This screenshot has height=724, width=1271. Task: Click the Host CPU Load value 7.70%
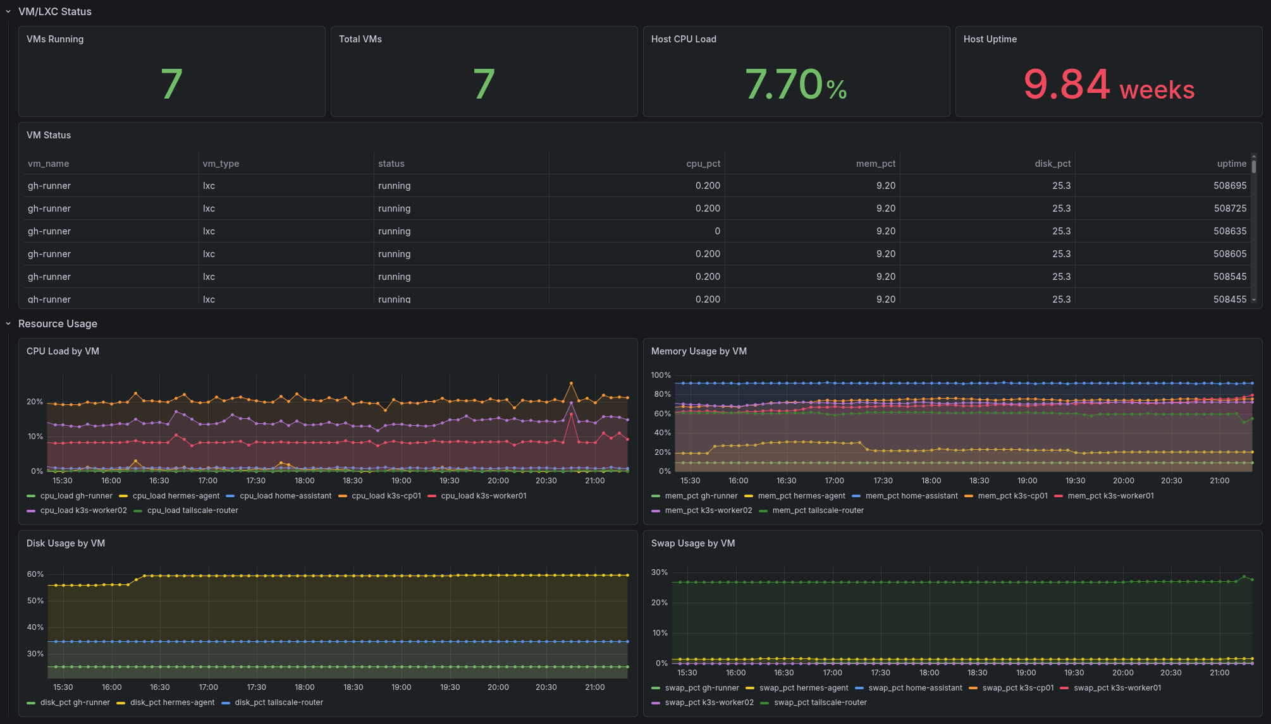795,85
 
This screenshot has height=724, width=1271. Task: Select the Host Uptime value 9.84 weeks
1108,85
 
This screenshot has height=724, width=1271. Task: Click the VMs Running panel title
55,39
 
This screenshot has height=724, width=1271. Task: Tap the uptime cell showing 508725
1229,208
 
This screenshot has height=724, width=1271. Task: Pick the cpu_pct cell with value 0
717,231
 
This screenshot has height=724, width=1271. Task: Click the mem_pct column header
875,164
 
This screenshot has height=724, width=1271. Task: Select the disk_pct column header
1052,164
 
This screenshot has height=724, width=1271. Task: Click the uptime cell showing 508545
1229,277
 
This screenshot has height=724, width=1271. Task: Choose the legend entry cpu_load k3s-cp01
386,496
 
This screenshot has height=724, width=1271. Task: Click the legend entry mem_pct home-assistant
911,496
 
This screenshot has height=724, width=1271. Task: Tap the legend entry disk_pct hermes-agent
172,703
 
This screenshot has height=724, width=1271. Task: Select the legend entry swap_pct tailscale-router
820,703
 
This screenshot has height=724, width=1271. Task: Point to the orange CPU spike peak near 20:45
571,383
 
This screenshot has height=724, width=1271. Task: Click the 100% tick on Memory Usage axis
661,375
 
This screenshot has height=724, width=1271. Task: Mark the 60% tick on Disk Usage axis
35,574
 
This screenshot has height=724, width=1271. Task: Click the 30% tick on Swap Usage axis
660,572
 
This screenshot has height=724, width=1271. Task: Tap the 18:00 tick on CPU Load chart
304,481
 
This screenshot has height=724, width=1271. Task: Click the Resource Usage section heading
58,323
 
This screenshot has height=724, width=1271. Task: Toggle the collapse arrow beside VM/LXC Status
8,11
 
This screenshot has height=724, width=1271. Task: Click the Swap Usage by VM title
692,543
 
